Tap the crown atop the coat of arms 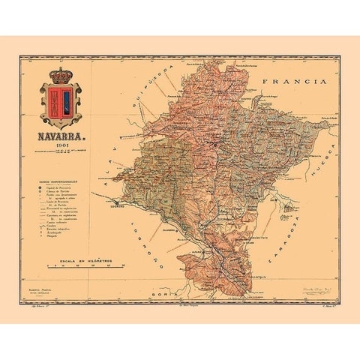[x=60, y=76]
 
